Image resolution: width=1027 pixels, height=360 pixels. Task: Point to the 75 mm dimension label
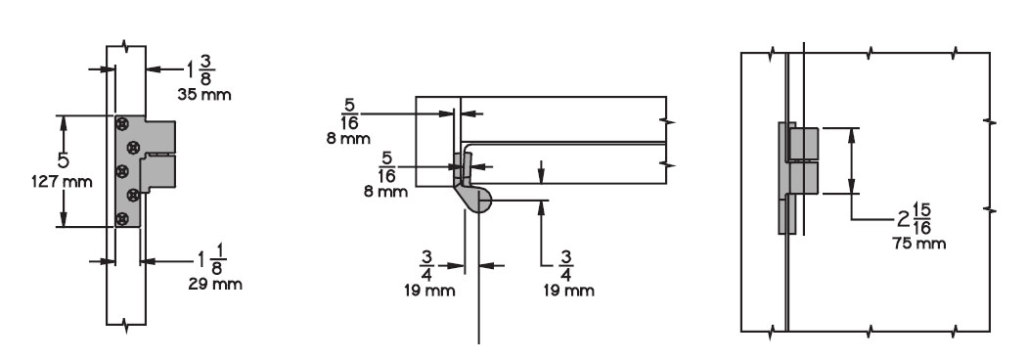[918, 243]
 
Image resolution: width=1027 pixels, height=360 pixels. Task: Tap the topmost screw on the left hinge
[121, 124]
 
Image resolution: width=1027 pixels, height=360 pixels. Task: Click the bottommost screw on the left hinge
[121, 218]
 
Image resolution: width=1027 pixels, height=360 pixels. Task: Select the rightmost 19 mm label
[568, 290]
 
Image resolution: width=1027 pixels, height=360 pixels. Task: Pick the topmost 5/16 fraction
[350, 112]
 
